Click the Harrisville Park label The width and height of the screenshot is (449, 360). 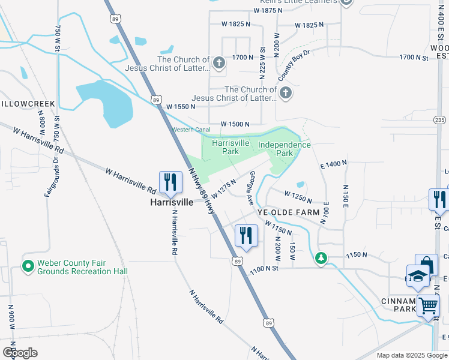click(231, 147)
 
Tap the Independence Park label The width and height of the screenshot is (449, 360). click(285, 149)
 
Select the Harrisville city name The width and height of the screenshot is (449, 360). click(172, 203)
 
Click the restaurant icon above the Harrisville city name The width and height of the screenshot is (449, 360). click(170, 182)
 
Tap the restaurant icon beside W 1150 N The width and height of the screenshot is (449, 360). click(245, 236)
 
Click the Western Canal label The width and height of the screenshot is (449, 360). click(191, 130)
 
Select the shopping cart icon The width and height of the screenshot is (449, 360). click(428, 305)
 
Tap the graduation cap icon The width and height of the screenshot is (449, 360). click(418, 275)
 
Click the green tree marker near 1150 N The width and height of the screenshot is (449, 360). click(322, 258)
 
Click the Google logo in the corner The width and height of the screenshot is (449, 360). click(19, 353)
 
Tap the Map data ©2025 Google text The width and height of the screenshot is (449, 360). click(411, 355)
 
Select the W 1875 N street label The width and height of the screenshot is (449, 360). click(273, 11)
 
